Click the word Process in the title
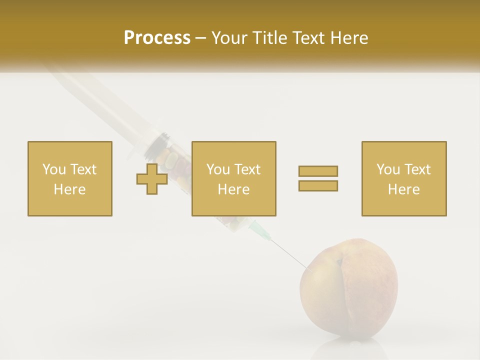[157, 37]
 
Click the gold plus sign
[152, 179]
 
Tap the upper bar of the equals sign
[318, 171]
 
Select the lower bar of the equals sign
[318, 185]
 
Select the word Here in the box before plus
[70, 189]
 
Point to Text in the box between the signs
[248, 169]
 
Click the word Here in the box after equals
[404, 189]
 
